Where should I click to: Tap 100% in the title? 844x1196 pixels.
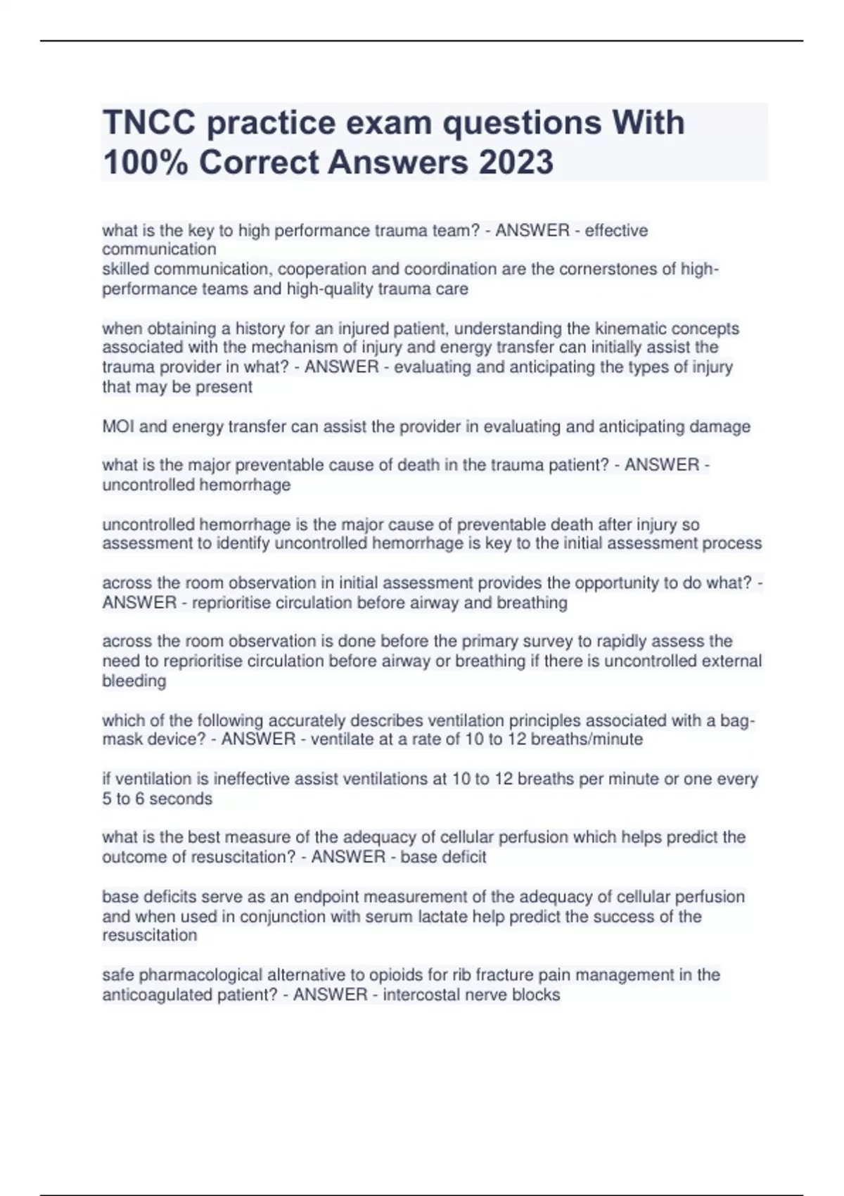click(x=146, y=163)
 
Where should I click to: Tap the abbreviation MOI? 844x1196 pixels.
click(x=118, y=427)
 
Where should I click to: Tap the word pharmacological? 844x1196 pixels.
click(x=212, y=975)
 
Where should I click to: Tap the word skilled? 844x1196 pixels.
click(x=125, y=269)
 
